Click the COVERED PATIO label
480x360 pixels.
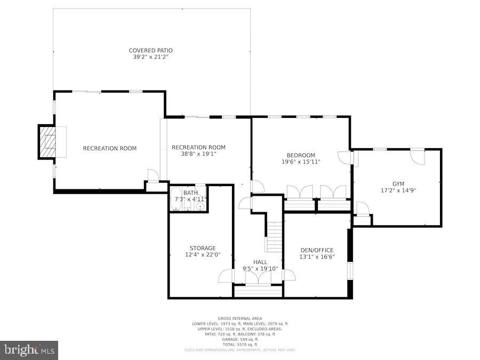150,51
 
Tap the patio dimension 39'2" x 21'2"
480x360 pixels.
150,57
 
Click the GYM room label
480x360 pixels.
398,183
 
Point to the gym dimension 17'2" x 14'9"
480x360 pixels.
398,190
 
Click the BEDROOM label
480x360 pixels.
301,155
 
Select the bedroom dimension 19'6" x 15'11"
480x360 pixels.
301,162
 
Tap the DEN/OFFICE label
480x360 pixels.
317,250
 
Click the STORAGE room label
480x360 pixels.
203,248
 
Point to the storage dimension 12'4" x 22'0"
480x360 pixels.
203,254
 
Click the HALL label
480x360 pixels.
260,262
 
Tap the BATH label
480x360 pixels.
190,193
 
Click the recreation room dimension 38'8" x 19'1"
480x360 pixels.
198,154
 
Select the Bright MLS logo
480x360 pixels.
29,350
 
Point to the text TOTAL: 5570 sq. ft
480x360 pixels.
240,344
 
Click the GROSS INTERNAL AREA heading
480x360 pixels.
240,318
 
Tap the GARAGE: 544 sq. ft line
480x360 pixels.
240,339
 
